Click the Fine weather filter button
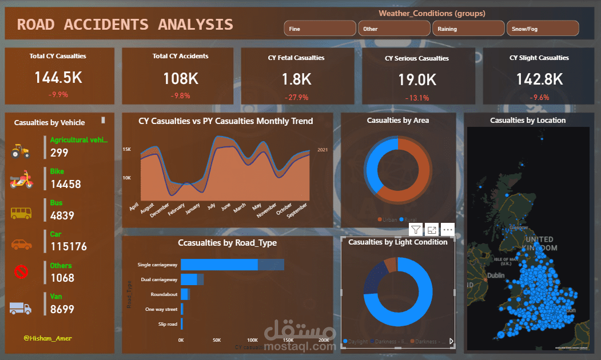(x=320, y=29)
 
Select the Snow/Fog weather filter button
(x=543, y=29)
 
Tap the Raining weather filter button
(x=468, y=29)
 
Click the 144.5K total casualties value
(x=58, y=78)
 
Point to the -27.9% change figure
(x=296, y=97)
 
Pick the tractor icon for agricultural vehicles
(x=21, y=150)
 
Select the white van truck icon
(x=21, y=308)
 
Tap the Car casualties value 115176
(x=68, y=247)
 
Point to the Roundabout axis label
(x=164, y=294)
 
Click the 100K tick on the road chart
(x=252, y=339)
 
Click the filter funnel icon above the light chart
(x=416, y=230)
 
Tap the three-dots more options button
(x=448, y=230)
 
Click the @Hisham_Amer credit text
(x=47, y=338)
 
